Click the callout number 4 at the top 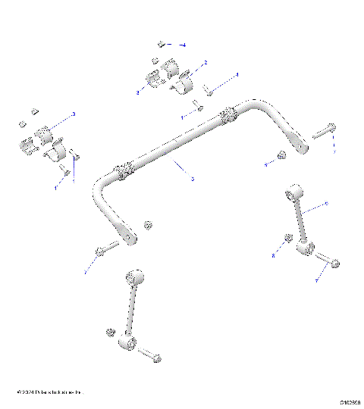[x=184, y=45]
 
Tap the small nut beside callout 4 [x=162, y=44]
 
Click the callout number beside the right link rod [x=326, y=204]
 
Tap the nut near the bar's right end [x=280, y=157]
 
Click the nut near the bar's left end [x=148, y=224]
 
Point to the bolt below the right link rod [x=333, y=263]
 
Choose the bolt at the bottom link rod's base [x=151, y=354]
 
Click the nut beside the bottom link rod [x=111, y=333]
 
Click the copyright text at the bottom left [x=49, y=392]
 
